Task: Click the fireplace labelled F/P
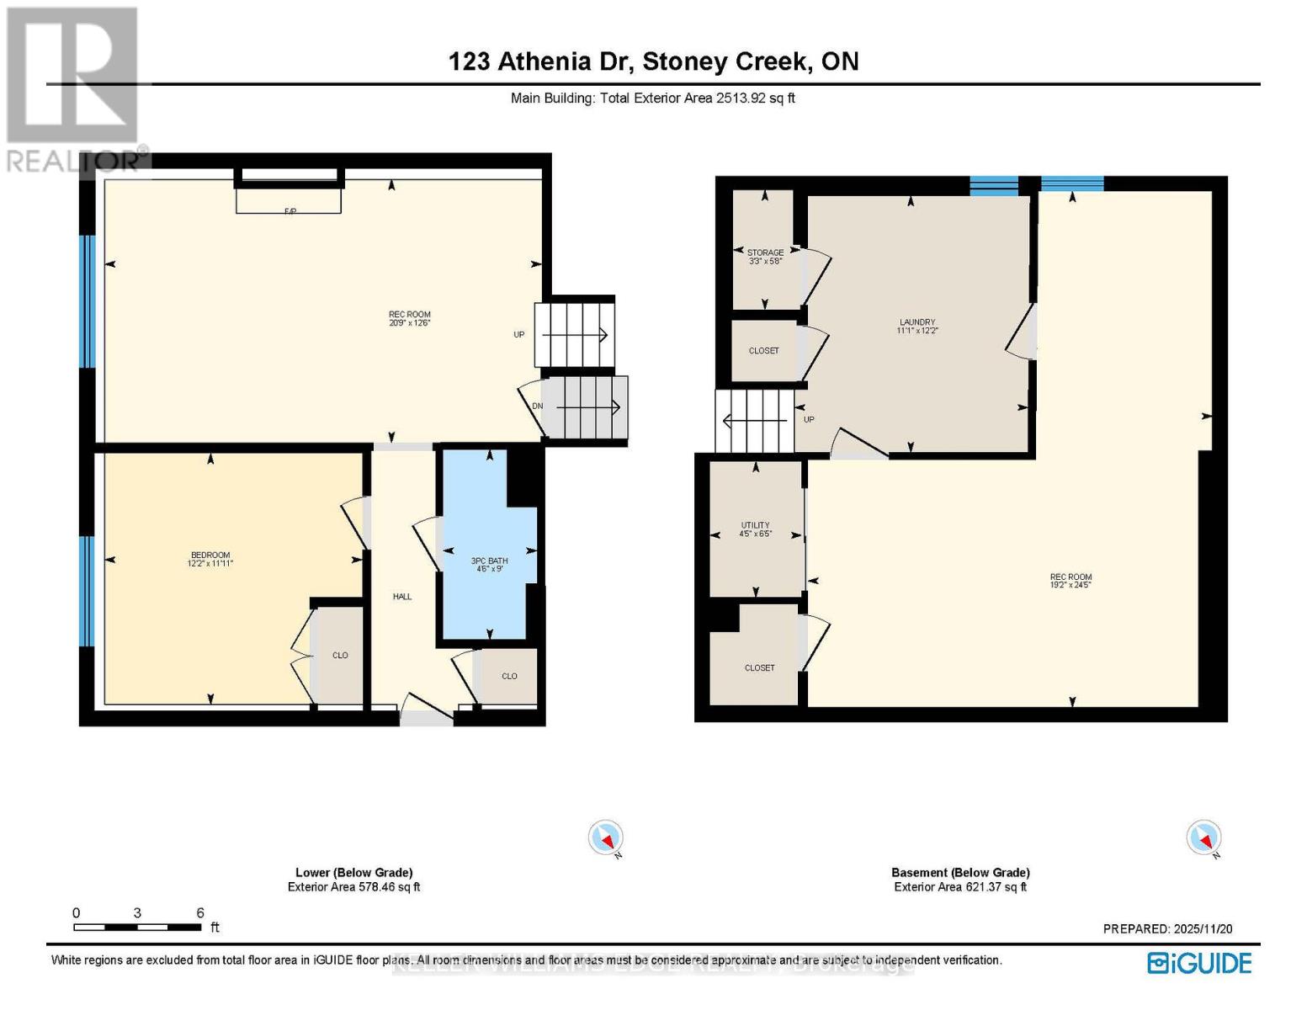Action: [x=289, y=201]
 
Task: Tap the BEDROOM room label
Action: [x=210, y=555]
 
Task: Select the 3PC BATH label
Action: [x=489, y=561]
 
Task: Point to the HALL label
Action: [x=402, y=597]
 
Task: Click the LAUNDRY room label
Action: [x=917, y=322]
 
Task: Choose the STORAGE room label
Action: [x=765, y=252]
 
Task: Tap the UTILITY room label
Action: [x=755, y=525]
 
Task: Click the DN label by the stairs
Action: [x=537, y=407]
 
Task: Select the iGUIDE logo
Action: [x=1199, y=963]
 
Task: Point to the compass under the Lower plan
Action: [x=606, y=838]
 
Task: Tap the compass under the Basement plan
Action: [x=1203, y=838]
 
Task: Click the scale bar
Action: [x=137, y=928]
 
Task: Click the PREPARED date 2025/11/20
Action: [x=1167, y=928]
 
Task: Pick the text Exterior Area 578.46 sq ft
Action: [x=353, y=887]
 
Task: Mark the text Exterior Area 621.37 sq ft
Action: [x=960, y=887]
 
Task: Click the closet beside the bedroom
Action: [x=340, y=655]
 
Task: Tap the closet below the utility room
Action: [x=759, y=667]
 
